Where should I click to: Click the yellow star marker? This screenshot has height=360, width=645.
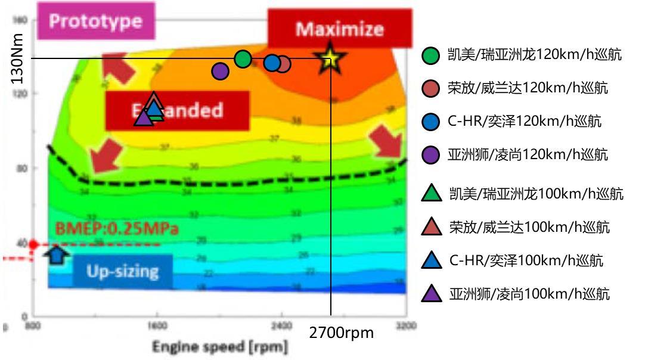(328, 58)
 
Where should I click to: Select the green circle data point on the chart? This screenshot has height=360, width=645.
(243, 58)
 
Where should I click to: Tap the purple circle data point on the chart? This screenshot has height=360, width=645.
(220, 71)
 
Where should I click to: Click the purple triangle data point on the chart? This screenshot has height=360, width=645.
(144, 117)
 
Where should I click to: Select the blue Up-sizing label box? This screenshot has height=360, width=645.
(122, 271)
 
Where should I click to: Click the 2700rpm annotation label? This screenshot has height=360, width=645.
(342, 333)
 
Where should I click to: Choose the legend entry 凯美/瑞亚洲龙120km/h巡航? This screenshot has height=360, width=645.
(525, 55)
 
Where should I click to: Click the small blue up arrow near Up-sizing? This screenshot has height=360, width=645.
(57, 255)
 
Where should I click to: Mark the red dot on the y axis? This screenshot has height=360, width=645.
(34, 244)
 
